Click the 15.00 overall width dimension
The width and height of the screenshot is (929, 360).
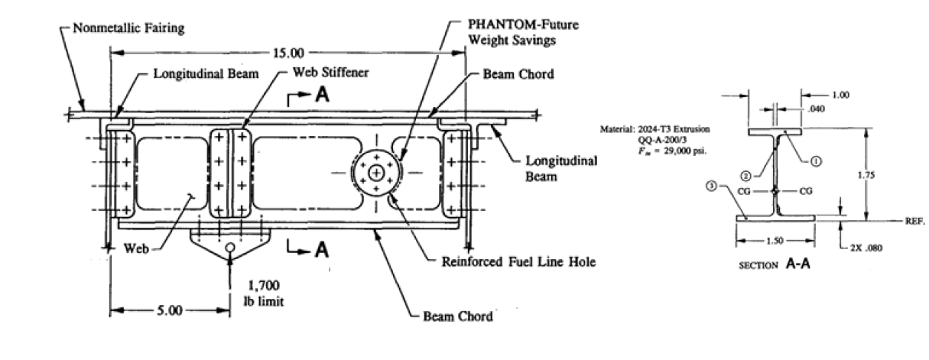[x=288, y=54]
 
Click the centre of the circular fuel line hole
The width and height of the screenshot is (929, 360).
[x=376, y=174]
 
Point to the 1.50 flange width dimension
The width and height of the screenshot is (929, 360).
[x=774, y=240]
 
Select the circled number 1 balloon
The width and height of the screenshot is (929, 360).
[x=816, y=161]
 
